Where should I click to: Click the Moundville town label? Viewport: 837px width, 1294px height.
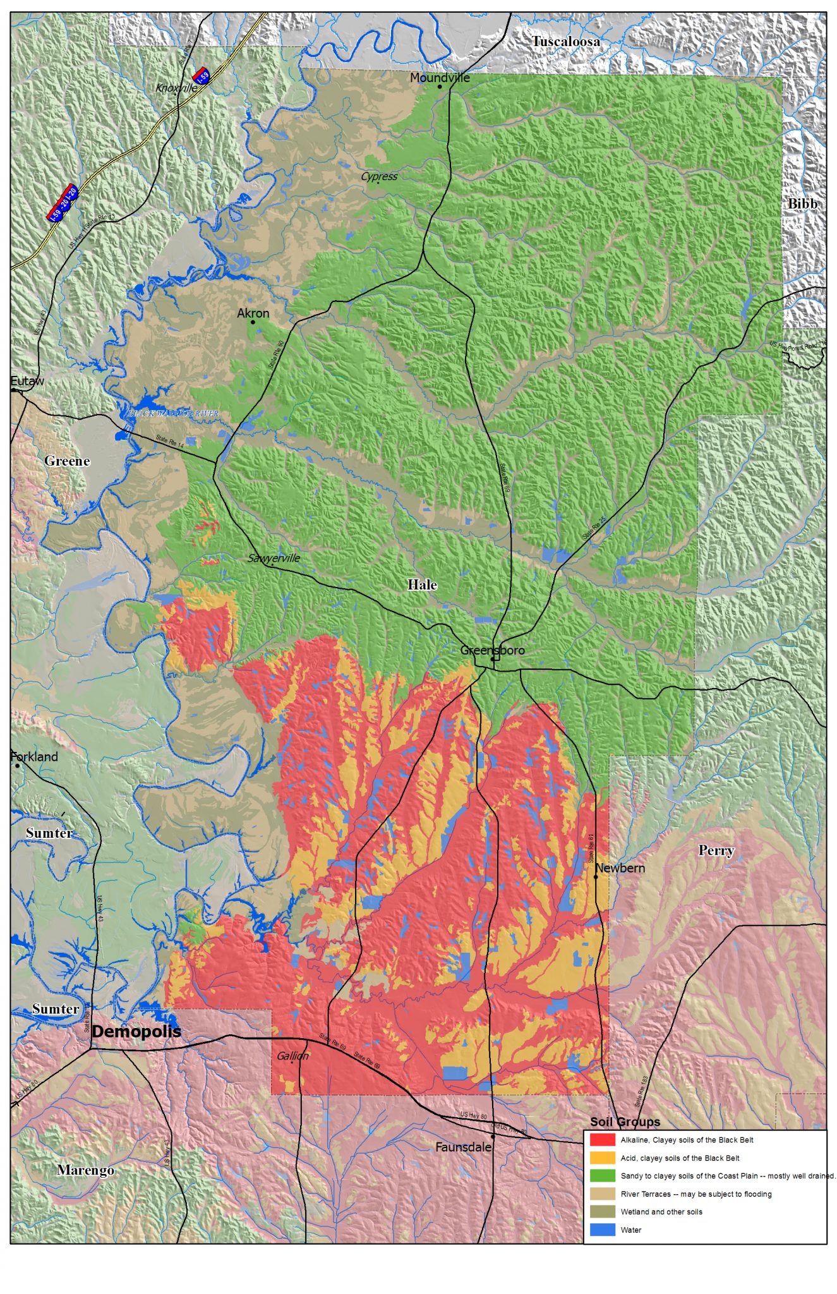tap(440, 78)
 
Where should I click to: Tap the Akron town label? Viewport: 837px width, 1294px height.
tap(253, 313)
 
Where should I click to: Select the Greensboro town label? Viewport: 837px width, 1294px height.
tap(492, 650)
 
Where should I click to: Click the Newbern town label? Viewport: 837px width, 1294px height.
tap(620, 868)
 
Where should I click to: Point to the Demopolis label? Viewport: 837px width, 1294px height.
tap(136, 1032)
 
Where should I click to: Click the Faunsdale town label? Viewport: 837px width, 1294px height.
tap(463, 1147)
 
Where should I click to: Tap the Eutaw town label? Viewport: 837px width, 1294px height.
tap(27, 381)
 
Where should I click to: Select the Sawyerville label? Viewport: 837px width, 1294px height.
tap(274, 558)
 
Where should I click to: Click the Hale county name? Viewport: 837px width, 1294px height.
tap(422, 585)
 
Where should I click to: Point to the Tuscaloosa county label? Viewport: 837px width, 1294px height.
tap(565, 42)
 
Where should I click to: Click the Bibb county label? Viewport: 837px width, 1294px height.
tap(802, 204)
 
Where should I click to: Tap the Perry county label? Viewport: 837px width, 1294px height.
tap(716, 850)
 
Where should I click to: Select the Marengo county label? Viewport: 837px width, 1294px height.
tap(86, 1170)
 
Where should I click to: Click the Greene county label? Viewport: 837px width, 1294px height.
tap(67, 461)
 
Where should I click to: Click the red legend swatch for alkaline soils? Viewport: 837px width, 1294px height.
tap(602, 1140)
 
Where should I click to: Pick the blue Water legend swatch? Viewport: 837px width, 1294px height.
tap(602, 1230)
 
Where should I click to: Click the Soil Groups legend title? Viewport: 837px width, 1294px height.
tap(625, 1122)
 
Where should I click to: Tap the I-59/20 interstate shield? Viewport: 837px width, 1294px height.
tap(63, 202)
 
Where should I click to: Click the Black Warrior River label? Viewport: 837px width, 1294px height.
tap(172, 413)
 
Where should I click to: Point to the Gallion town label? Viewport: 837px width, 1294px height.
tap(292, 1056)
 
